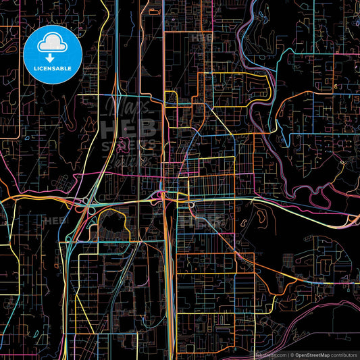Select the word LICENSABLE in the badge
(53, 68)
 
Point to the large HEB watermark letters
(128, 129)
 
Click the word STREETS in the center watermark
(128, 145)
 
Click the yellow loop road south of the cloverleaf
(108, 230)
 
